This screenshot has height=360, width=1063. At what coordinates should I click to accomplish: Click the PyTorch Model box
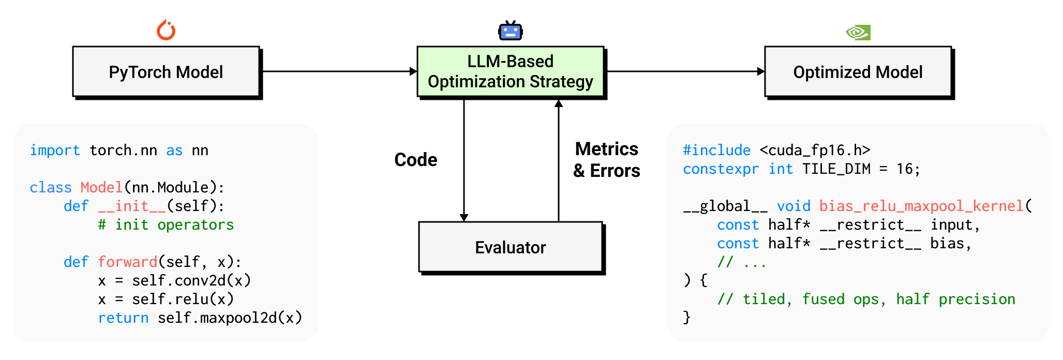coord(166,72)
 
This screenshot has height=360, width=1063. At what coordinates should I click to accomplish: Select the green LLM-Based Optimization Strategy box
coord(510,72)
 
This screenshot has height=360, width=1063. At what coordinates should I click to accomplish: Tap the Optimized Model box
coord(858,72)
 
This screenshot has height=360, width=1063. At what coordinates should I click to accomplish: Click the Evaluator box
coord(510,247)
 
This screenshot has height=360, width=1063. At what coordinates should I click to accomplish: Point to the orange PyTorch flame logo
coord(166,31)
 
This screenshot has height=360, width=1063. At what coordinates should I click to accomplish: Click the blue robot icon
coord(510,32)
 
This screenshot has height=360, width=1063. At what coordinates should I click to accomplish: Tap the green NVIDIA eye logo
coord(858,33)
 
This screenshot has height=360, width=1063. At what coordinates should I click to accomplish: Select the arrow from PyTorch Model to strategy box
coord(339,71)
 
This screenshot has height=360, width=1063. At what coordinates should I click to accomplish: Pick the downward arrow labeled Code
coord(464,160)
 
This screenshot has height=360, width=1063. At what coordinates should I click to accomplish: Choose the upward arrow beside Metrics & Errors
coord(559,160)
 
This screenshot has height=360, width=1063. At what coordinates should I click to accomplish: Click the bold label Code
coord(415,160)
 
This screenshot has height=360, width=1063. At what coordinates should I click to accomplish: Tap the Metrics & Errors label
coord(606,160)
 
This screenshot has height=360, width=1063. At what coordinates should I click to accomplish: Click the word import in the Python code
coord(55,151)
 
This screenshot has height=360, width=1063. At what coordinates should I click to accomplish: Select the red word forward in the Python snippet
coord(127,262)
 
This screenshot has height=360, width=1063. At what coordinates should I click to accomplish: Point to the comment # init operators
coord(166,225)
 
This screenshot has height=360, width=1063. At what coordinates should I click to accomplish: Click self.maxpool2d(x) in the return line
coord(230,318)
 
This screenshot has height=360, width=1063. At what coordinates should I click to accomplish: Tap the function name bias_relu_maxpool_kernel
coord(921,206)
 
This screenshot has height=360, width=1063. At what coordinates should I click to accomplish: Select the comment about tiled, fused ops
coord(866,299)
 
